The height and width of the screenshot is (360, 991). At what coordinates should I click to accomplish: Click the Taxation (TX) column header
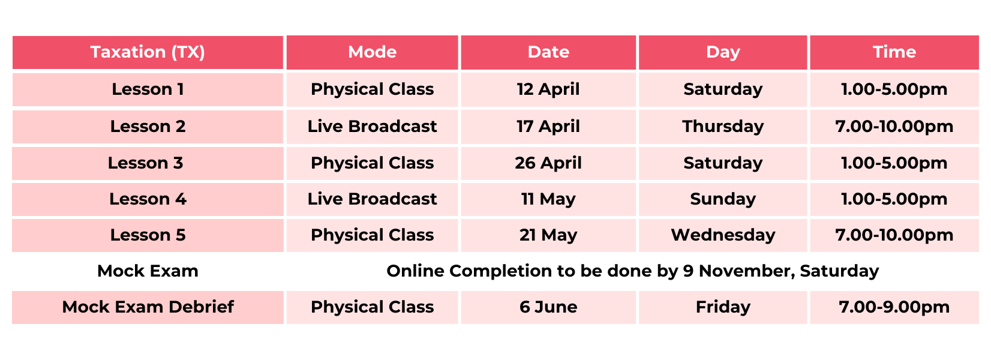pos(148,52)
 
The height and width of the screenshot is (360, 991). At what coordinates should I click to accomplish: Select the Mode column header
pos(372,52)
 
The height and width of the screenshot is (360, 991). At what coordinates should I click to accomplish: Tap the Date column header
pos(548,52)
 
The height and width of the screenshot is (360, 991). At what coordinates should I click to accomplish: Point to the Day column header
pos(723,53)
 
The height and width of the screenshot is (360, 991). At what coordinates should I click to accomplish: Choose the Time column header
pos(894,52)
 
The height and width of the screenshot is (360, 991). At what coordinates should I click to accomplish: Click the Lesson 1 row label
pos(148,89)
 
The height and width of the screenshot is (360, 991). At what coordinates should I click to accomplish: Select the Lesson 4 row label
pos(148,199)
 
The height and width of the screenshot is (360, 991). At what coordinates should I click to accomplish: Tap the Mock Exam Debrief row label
pos(148,307)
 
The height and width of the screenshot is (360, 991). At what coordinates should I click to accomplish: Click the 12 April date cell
pos(548,90)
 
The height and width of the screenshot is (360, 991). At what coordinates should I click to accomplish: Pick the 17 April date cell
pos(548,127)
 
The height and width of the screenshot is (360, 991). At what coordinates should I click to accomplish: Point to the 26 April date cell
pos(548,164)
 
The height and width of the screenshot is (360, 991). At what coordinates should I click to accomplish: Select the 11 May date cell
pos(548,200)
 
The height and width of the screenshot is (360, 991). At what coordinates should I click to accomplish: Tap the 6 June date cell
pos(548,307)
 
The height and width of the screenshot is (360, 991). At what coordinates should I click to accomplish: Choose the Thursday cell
pos(723,127)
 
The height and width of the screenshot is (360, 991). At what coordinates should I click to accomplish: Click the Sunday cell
pos(723,200)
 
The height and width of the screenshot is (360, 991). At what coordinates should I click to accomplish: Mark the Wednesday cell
pos(723,235)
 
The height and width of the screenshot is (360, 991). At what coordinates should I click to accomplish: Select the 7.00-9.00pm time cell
pos(894,307)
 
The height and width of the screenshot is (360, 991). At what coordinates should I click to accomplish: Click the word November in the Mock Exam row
pos(747,271)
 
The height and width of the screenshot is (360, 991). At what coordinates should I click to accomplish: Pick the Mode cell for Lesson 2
pos(372,127)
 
